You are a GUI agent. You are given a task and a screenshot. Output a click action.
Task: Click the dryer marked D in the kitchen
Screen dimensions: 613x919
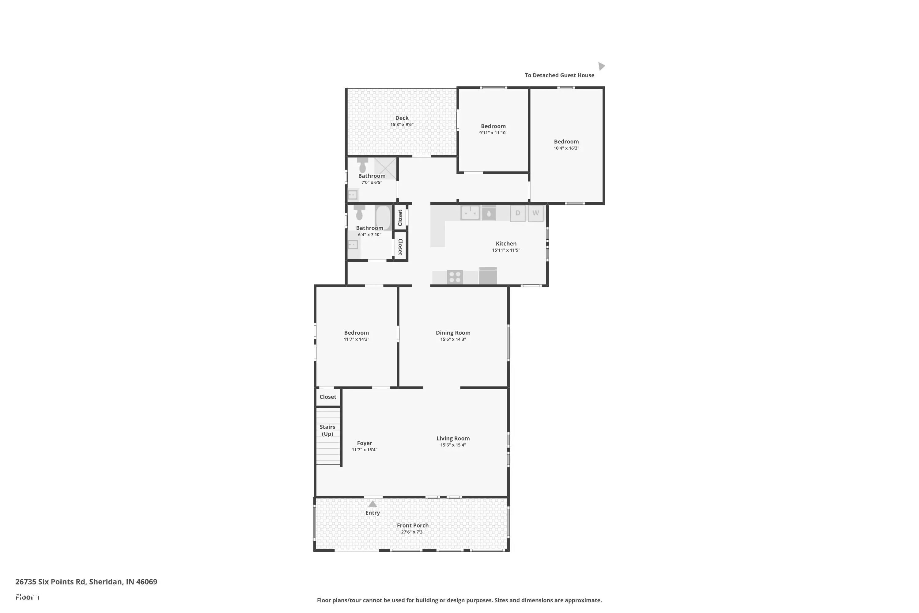coord(518,213)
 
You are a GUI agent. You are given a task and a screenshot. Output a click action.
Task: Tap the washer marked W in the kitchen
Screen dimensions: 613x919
coord(536,213)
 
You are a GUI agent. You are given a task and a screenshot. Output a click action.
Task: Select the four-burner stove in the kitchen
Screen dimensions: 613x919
coord(455,277)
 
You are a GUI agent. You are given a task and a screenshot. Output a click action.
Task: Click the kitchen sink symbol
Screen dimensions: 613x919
coord(470,213)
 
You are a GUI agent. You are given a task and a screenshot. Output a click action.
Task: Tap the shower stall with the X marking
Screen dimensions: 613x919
coord(386,169)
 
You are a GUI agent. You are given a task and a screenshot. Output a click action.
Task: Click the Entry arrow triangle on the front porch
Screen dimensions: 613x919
coord(373,504)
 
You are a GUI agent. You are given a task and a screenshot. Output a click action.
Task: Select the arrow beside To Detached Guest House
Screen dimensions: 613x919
coord(601,66)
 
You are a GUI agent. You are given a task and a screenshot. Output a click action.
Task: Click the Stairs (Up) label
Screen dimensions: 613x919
coord(327,430)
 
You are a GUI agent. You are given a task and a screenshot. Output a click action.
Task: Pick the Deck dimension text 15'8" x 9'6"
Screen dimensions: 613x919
coord(402,125)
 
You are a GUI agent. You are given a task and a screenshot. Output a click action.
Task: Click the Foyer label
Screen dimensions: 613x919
coord(364,443)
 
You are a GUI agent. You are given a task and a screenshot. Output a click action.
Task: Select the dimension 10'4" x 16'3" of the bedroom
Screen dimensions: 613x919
coord(566,148)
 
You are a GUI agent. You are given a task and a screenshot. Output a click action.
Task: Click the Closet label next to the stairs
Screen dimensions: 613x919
coord(328,397)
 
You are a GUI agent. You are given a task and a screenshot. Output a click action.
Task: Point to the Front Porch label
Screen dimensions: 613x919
coord(413,525)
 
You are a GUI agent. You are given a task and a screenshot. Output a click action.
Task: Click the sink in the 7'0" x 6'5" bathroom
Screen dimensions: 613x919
coord(353,194)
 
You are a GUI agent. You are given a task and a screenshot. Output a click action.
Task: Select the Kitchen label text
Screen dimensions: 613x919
coord(506,244)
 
